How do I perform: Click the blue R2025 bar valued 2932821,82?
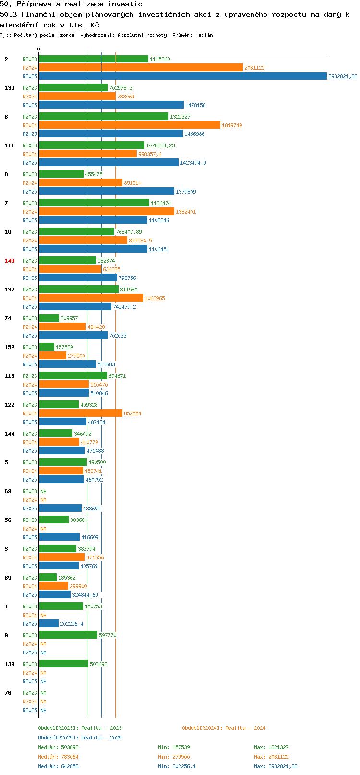pyautogui.click(x=183, y=76)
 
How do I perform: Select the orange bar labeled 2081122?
pyautogui.click(x=141, y=68)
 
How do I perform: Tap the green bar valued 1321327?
pyautogui.click(x=104, y=117)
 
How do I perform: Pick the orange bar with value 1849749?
pyautogui.click(x=130, y=125)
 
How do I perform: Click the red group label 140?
pyautogui.click(x=9, y=261)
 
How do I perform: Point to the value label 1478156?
pyautogui.click(x=195, y=105)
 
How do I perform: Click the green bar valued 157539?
pyautogui.click(x=47, y=347)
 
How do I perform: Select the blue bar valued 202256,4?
pyautogui.click(x=49, y=623)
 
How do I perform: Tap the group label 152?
pyautogui.click(x=9, y=347)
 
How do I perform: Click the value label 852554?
pyautogui.click(x=132, y=413)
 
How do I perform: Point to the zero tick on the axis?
pyautogui.click(x=39, y=49)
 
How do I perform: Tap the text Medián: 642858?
pyautogui.click(x=58, y=766)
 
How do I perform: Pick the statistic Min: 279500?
pyautogui.click(x=174, y=757)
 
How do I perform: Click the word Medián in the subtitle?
pyautogui.click(x=204, y=35)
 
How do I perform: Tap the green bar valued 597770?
pyautogui.click(x=68, y=635)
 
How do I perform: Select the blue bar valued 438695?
pyautogui.click(x=60, y=508)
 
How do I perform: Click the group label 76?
pyautogui.click(x=8, y=693)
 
